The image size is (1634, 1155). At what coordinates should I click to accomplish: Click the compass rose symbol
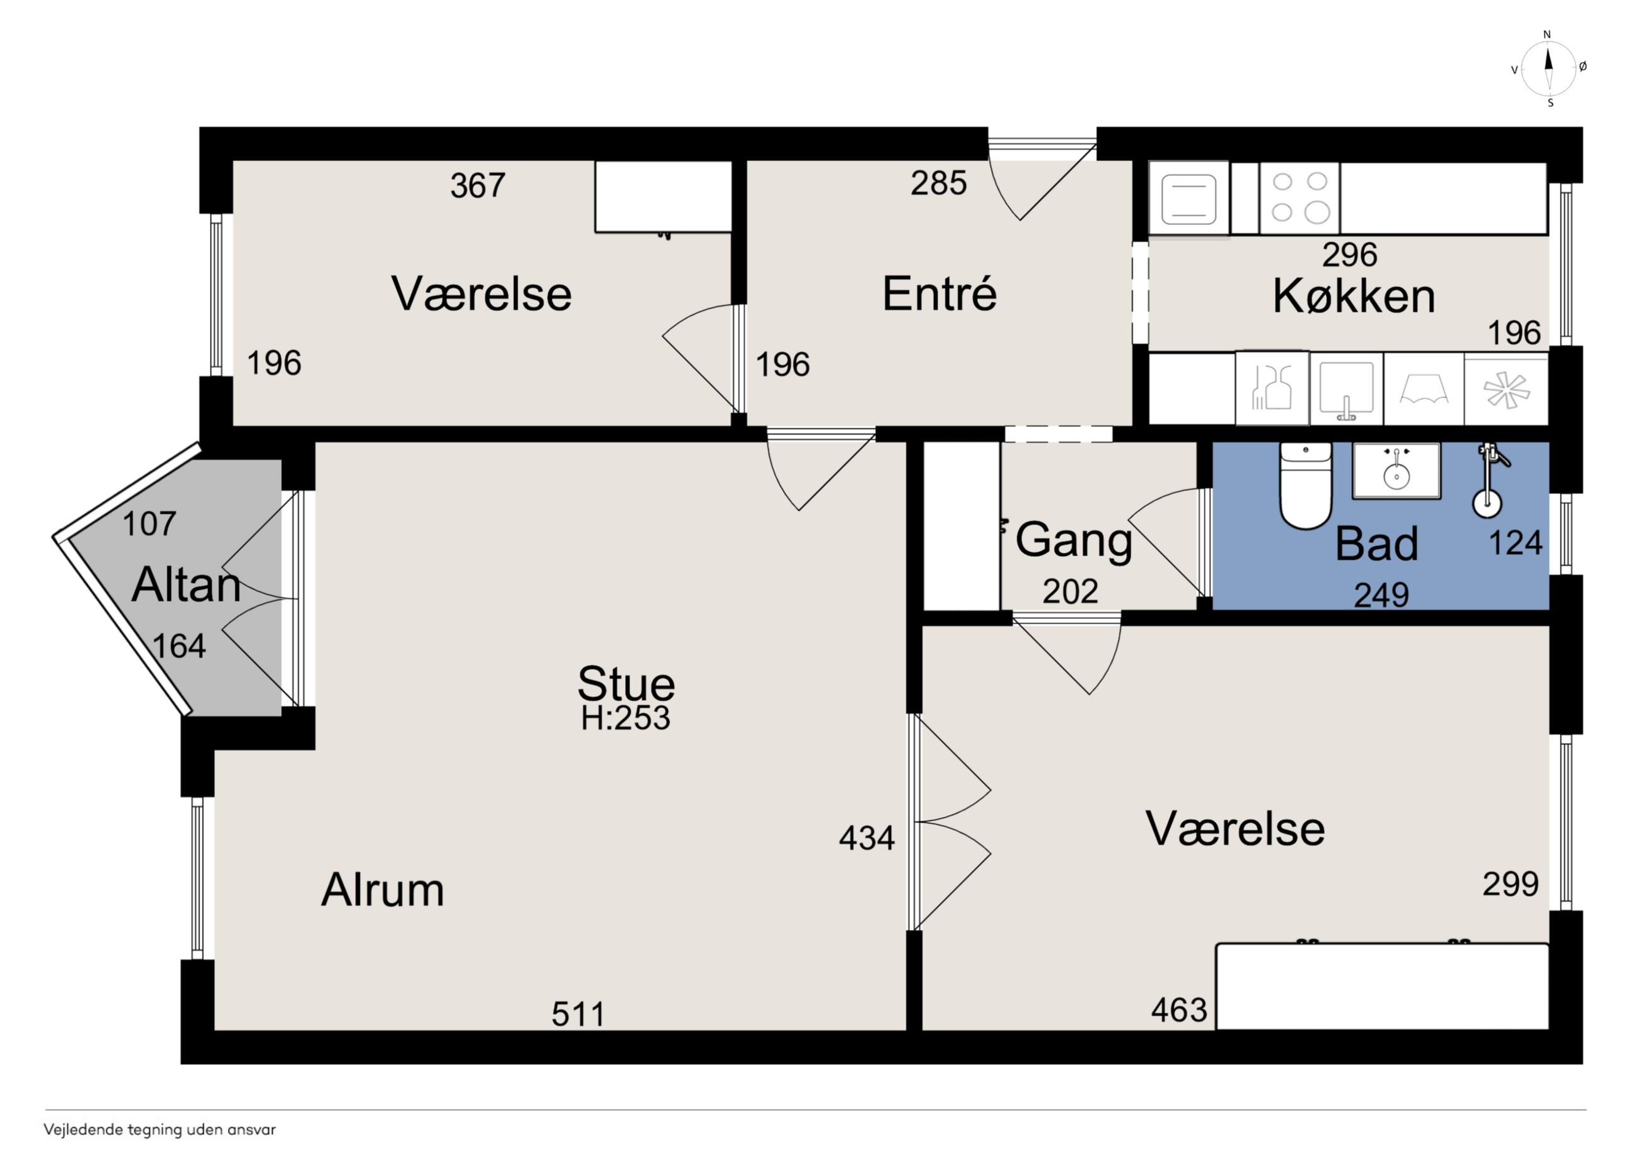pos(1549,68)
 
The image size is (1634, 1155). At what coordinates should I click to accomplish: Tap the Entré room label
pos(940,293)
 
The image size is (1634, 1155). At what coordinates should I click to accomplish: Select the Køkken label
pos(1354,296)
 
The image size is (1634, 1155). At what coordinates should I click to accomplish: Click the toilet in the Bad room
pos(1305,485)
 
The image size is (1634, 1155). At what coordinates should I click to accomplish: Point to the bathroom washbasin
pos(1396,471)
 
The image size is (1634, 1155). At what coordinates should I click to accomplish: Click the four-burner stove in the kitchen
pos(1300,198)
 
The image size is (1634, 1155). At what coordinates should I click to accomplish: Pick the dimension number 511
pos(578,1014)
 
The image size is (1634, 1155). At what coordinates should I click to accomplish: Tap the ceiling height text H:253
pos(625,718)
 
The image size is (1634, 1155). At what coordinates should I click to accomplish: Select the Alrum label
pos(383,890)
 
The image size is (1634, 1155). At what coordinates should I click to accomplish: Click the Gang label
pos(1073,541)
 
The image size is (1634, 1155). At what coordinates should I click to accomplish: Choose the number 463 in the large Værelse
pos(1179,1010)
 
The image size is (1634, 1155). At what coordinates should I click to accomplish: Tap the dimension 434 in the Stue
pos(867,838)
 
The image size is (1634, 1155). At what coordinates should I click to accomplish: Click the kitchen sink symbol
pos(1347,388)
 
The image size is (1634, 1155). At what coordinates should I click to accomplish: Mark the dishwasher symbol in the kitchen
pos(1273,388)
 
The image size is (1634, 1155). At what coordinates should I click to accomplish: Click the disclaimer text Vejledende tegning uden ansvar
pos(160,1129)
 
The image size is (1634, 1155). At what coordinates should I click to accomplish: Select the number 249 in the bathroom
pos(1381,595)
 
